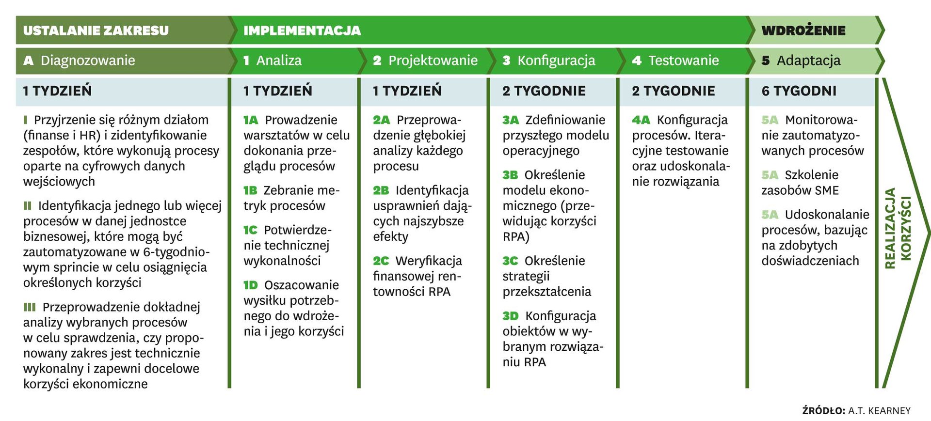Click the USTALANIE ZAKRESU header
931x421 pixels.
(x=96, y=31)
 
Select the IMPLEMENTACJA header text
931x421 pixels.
(x=302, y=31)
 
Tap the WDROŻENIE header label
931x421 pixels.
(x=803, y=31)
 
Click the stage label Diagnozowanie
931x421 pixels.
(x=88, y=61)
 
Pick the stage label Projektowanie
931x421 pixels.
(x=433, y=61)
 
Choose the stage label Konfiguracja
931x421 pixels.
(x=556, y=61)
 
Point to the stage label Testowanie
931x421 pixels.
(x=684, y=61)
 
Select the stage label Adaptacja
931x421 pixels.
(x=808, y=61)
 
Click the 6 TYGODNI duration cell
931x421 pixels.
(x=799, y=91)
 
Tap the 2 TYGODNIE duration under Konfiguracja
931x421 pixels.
(x=544, y=91)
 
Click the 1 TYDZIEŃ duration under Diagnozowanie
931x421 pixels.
(x=57, y=91)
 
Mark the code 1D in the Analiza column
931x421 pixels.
(x=251, y=285)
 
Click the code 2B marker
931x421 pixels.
(x=381, y=190)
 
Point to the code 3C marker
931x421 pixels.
(x=510, y=261)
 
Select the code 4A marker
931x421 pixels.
(x=641, y=120)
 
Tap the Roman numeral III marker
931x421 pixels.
(x=30, y=307)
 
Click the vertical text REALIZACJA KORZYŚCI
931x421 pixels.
(x=898, y=228)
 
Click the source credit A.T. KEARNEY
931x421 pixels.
(x=879, y=411)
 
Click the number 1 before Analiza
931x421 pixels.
(x=246, y=61)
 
